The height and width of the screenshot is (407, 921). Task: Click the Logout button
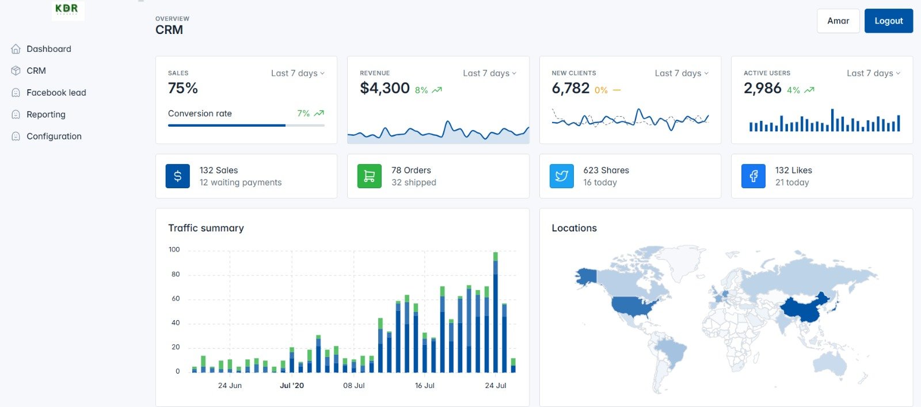point(888,21)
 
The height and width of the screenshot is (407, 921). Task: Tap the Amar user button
point(838,21)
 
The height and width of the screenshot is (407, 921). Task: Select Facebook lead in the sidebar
point(56,93)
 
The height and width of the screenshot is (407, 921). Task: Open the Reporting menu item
point(45,115)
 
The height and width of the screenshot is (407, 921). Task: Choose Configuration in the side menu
point(54,136)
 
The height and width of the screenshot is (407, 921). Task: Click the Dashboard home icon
point(16,49)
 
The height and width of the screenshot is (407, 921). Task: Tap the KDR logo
point(67,10)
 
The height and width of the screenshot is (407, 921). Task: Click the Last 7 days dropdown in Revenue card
point(489,73)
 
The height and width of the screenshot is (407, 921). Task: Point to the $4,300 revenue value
point(385,88)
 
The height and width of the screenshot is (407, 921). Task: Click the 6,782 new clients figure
point(570,88)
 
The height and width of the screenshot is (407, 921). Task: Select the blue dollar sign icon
point(178,176)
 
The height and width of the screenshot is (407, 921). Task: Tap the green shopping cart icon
point(370,176)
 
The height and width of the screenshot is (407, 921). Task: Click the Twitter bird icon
point(562,176)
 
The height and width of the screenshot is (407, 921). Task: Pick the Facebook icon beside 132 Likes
point(753,176)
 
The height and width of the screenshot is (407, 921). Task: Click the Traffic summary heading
point(206,228)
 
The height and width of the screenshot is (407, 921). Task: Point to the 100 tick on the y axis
point(174,250)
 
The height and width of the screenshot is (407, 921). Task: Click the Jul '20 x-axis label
point(292,386)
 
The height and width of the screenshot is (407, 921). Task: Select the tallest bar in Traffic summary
point(496,314)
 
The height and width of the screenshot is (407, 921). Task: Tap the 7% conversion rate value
point(303,113)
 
